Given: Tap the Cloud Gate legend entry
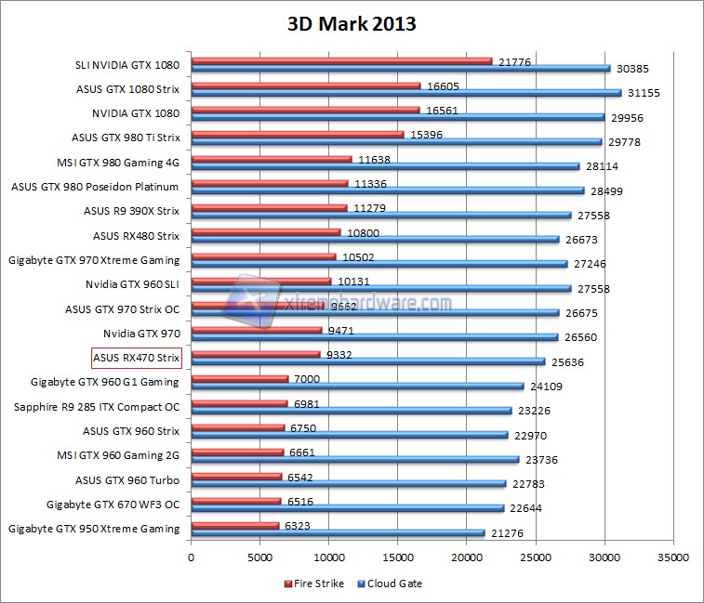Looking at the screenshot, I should (395, 583).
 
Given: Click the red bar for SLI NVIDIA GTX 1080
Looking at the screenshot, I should (341, 61).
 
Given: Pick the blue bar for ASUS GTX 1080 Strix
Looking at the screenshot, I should (405, 93).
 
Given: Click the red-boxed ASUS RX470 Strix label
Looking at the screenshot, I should (135, 357).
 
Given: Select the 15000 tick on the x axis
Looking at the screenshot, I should (397, 557).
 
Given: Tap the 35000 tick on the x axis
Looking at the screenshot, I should (672, 557).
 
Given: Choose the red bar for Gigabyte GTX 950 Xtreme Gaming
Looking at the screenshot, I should (235, 525).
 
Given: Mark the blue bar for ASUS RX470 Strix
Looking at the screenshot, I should (367, 361).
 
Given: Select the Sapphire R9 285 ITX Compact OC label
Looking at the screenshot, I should (97, 406).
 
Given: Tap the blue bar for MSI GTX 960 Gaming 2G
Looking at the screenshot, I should (354, 459).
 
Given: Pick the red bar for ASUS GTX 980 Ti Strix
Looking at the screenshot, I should (298, 134).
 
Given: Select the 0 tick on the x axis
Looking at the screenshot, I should (191, 557).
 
